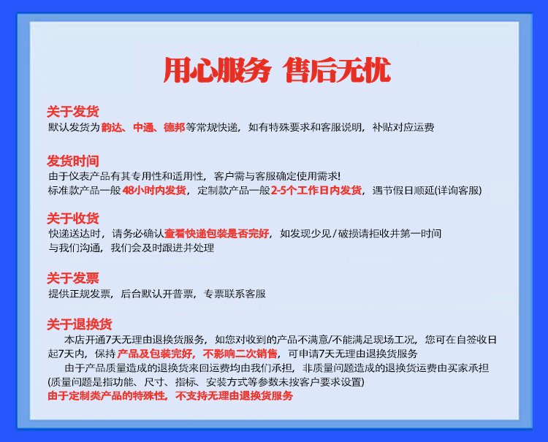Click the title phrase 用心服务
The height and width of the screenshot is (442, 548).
point(218,70)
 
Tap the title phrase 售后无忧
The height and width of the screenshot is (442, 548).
point(337,70)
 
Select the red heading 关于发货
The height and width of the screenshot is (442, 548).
point(73,112)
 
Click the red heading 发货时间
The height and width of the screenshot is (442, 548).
point(73,161)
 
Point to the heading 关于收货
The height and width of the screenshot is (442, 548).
point(73,218)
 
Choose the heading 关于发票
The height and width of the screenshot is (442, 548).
point(73,278)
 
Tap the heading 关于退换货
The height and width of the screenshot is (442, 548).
point(80,324)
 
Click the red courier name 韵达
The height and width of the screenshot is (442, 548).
point(112,127)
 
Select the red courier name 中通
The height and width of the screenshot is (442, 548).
point(143,127)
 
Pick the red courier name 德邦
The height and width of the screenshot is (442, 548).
point(175,127)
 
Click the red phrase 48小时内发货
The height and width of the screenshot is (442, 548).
point(154,191)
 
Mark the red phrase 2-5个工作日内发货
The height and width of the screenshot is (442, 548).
point(316,191)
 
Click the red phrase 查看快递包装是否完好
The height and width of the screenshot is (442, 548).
point(217,233)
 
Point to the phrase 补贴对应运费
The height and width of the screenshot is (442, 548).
point(403,127)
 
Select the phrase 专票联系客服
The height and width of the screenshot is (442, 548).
point(235,294)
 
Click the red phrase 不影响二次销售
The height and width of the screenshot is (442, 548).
point(240,354)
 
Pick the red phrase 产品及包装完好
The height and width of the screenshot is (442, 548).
point(154,354)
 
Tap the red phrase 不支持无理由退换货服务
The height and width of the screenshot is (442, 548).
point(234,396)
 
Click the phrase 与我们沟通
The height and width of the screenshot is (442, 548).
point(75,248)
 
